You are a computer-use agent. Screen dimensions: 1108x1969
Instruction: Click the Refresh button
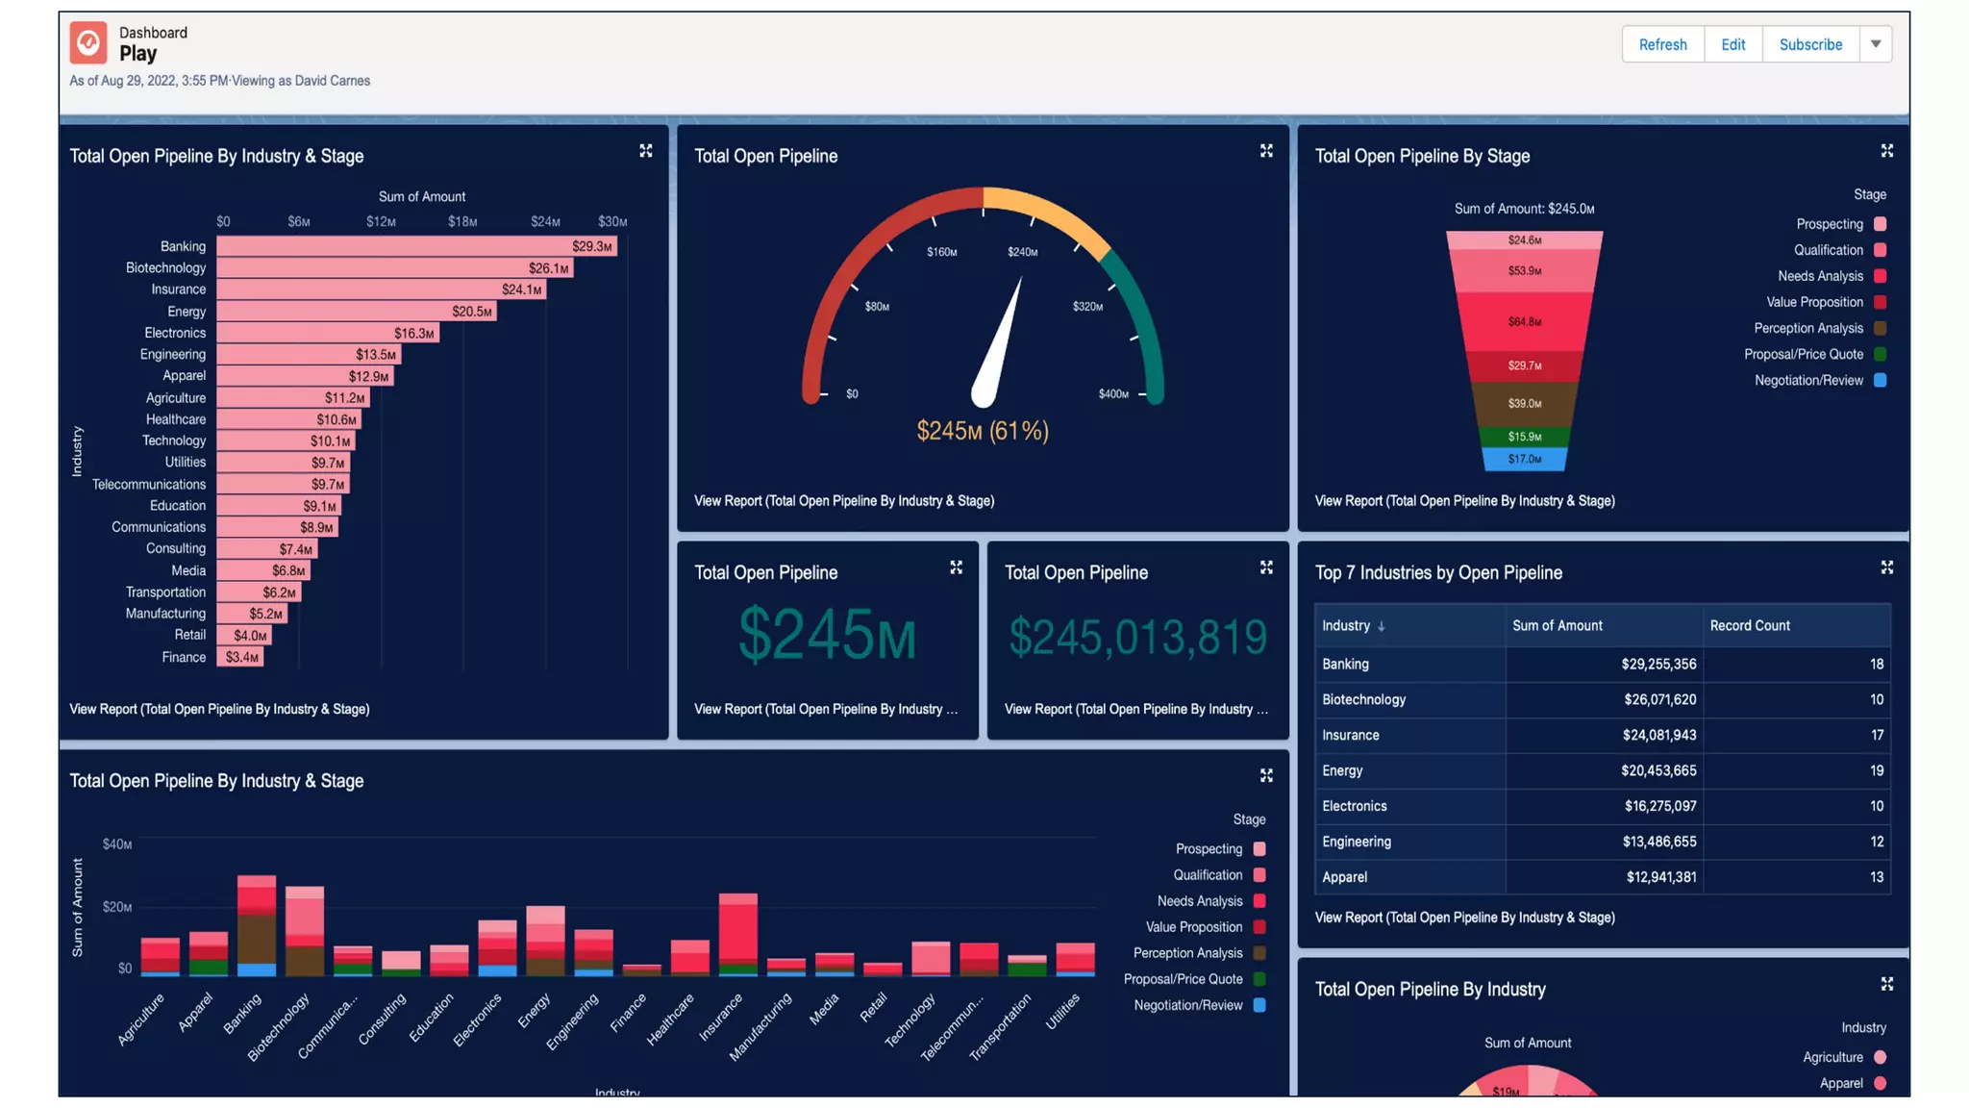(x=1662, y=44)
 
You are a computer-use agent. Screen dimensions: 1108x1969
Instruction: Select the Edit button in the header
(x=1732, y=44)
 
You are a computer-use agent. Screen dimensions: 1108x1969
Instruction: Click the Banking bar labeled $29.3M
(x=415, y=246)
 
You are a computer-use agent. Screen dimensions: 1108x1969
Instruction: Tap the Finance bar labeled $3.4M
(x=239, y=657)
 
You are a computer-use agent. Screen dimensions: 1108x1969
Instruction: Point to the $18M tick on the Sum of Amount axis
(x=462, y=221)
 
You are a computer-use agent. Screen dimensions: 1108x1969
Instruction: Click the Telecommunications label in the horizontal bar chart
(x=149, y=484)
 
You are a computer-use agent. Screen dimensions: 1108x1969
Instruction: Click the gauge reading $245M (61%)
(x=982, y=431)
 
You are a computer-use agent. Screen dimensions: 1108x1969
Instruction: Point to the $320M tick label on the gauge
(x=1087, y=307)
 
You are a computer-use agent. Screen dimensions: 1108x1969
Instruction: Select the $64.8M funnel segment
(x=1524, y=321)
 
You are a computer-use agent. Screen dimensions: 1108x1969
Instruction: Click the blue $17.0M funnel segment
(x=1524, y=459)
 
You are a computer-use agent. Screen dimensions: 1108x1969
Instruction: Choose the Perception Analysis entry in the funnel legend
(x=1807, y=328)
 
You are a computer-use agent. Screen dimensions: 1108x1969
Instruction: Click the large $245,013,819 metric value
(x=1137, y=637)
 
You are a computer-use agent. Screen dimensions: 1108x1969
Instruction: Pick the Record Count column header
(x=1749, y=625)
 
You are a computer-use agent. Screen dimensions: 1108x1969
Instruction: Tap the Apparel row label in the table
(x=1344, y=877)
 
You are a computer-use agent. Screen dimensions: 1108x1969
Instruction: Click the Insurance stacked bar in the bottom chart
(x=737, y=933)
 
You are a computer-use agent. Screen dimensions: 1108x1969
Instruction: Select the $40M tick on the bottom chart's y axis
(x=117, y=844)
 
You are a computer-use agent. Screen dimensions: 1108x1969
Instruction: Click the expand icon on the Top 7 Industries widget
(x=1886, y=567)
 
